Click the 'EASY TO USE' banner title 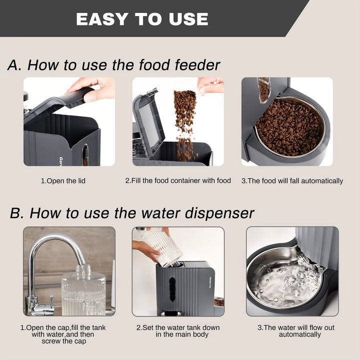point(142,19)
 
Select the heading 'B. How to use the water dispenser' point(132,212)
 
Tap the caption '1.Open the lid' point(63,180)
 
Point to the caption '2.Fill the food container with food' point(178,180)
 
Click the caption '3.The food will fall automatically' point(292,180)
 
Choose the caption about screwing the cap point(63,334)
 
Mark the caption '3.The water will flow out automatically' point(292,331)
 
